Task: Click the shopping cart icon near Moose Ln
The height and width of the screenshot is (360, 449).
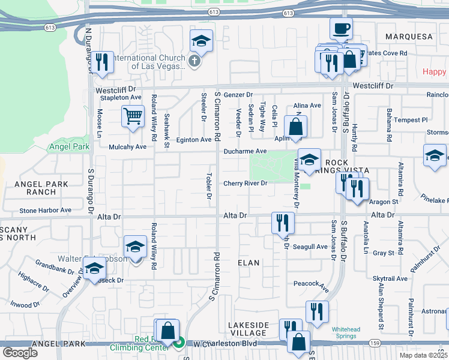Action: click(x=133, y=116)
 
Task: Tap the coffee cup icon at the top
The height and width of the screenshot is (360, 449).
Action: click(x=341, y=28)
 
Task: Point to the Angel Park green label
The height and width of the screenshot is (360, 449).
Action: click(x=70, y=146)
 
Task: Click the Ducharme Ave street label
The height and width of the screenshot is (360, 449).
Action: click(x=245, y=152)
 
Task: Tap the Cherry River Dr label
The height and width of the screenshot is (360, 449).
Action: click(x=245, y=184)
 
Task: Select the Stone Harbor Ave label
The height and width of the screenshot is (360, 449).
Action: click(x=45, y=211)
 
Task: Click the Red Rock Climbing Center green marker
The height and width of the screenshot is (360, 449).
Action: click(x=179, y=343)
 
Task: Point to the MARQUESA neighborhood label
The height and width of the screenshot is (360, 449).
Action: click(x=409, y=37)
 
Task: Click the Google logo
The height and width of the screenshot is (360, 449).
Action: click(x=20, y=353)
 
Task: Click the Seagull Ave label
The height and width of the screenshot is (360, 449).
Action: click(x=310, y=247)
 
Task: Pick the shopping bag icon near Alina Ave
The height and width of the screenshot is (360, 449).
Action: click(x=295, y=127)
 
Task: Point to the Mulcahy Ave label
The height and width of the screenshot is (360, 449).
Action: click(x=128, y=146)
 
